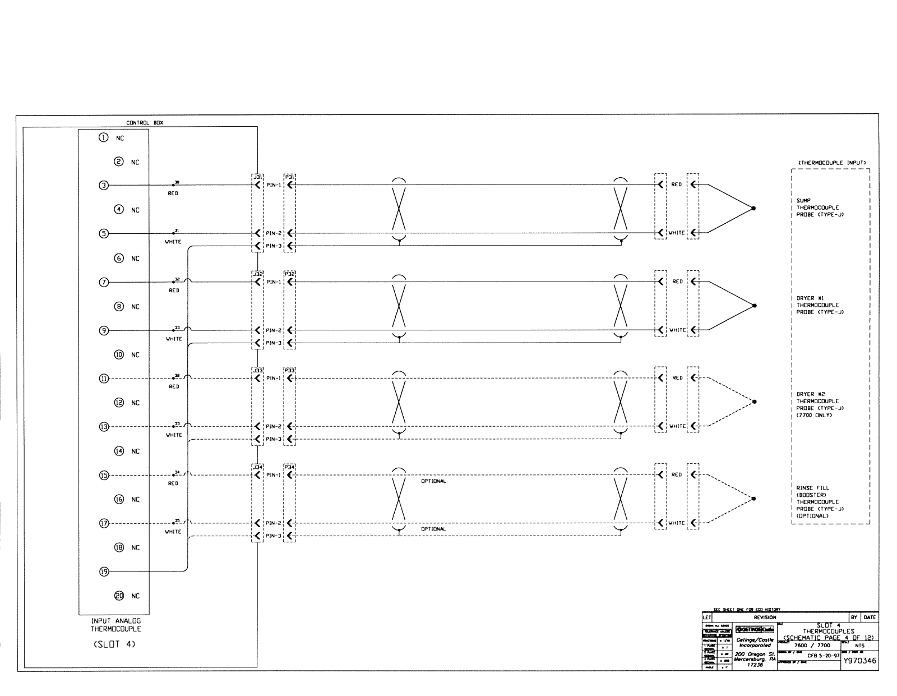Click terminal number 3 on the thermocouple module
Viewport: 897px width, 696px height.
(104, 185)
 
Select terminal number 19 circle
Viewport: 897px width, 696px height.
(104, 571)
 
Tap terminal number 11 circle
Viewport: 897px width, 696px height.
(104, 379)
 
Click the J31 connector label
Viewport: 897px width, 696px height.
(257, 176)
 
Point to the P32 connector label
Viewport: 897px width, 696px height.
(289, 274)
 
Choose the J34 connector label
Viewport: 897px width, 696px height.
(257, 467)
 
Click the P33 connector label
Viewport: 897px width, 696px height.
(289, 370)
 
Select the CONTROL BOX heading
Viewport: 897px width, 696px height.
(145, 123)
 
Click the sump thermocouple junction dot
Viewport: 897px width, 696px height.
(753, 209)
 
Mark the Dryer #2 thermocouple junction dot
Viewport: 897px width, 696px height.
(753, 402)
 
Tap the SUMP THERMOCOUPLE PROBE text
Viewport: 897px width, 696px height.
(817, 208)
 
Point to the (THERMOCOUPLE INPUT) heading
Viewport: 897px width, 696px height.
(831, 163)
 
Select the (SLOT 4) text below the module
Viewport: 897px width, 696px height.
(114, 644)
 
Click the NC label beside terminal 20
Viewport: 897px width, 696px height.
(135, 596)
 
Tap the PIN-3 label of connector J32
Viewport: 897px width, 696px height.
(274, 343)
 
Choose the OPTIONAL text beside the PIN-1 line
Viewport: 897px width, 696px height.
(433, 481)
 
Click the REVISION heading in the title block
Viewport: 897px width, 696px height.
(765, 617)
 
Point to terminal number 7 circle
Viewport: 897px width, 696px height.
(104, 282)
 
